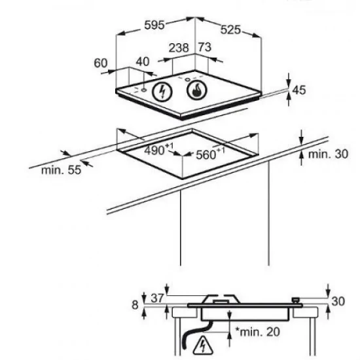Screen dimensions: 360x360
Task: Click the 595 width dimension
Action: coord(154,27)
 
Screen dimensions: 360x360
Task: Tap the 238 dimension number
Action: coord(179,48)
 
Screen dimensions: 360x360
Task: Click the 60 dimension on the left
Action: coord(100,63)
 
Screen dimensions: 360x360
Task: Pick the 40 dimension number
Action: coord(143,62)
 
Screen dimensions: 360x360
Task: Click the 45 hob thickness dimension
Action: coord(299,90)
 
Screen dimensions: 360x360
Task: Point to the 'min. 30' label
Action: coord(327,154)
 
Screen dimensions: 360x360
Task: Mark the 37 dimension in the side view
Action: coord(157,298)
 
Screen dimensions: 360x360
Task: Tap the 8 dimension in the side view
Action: coord(135,305)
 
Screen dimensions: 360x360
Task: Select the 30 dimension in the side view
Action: coord(338,302)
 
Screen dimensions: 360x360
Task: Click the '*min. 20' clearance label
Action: coord(257,333)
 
